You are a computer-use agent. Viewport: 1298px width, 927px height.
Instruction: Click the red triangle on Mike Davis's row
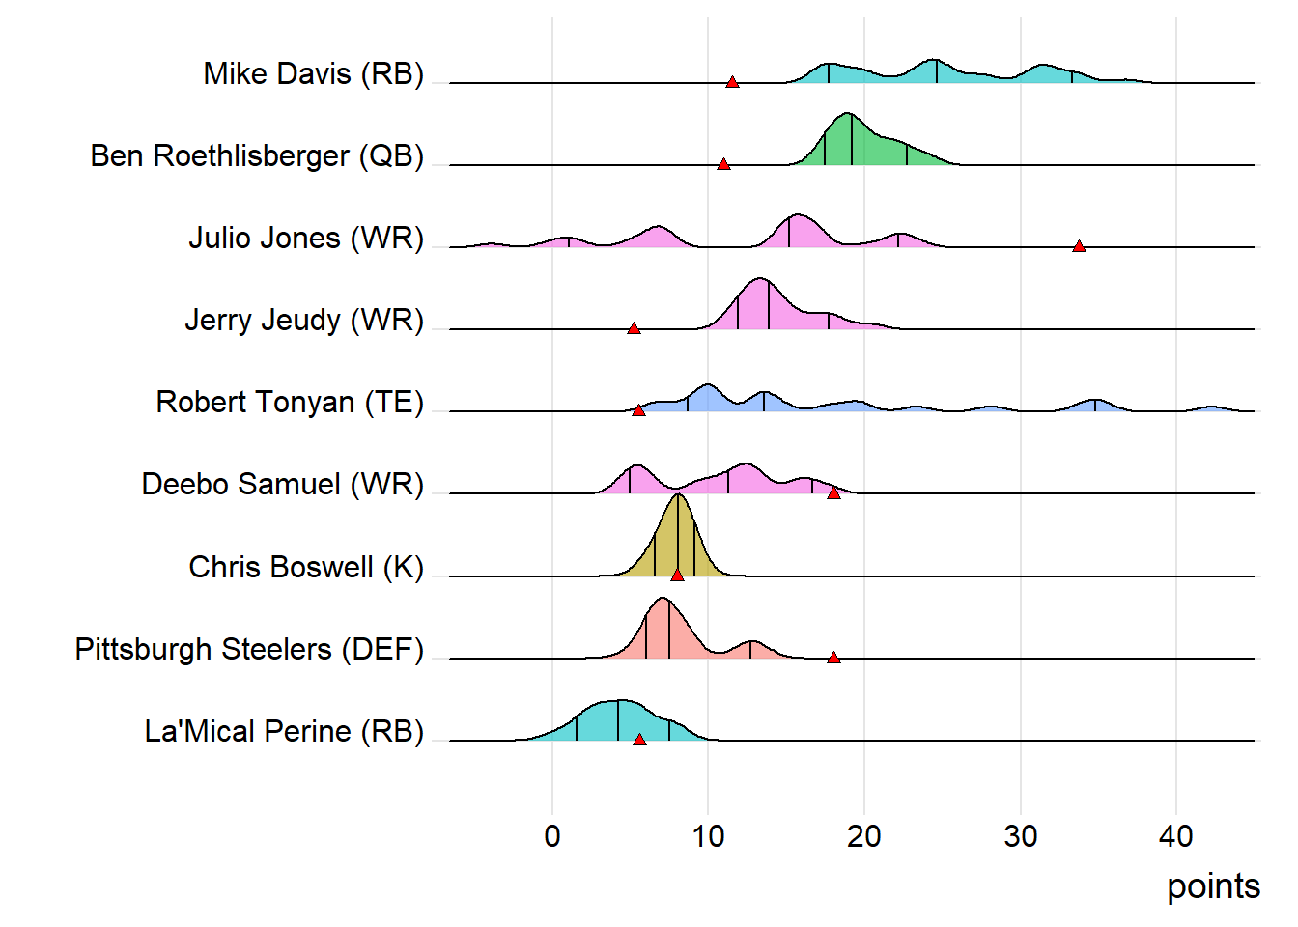(732, 82)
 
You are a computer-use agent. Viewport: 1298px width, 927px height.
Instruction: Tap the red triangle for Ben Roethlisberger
(723, 164)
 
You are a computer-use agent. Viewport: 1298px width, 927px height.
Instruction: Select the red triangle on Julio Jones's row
(1079, 246)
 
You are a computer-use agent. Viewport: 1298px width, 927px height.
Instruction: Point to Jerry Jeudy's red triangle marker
(634, 328)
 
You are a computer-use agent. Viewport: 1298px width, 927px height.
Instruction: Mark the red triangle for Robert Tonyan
(638, 410)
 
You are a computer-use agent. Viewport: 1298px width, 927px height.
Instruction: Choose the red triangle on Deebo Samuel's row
(833, 492)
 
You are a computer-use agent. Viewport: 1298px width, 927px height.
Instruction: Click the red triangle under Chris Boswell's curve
(677, 575)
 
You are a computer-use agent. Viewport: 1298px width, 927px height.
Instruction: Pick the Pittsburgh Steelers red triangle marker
(833, 658)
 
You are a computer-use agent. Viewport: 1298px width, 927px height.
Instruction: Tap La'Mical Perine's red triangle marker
(639, 740)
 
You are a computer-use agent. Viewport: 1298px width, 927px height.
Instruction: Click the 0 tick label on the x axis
(552, 836)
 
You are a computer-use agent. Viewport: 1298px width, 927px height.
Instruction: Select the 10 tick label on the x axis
(708, 836)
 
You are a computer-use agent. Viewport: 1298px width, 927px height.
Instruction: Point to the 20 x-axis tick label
(864, 836)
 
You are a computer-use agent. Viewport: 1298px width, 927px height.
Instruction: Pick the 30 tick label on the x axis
(1020, 836)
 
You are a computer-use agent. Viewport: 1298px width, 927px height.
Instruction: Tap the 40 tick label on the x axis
(1176, 836)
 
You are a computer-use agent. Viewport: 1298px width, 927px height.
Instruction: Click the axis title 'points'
(1213, 886)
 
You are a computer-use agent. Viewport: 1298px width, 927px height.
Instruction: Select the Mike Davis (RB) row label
(313, 73)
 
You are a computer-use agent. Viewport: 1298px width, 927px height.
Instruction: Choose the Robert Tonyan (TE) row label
(290, 402)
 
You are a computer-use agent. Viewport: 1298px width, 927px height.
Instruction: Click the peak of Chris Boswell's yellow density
(679, 495)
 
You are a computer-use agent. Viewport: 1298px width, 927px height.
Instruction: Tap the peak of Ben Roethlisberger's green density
(849, 114)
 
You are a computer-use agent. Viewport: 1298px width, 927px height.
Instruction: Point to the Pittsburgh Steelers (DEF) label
(249, 649)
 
